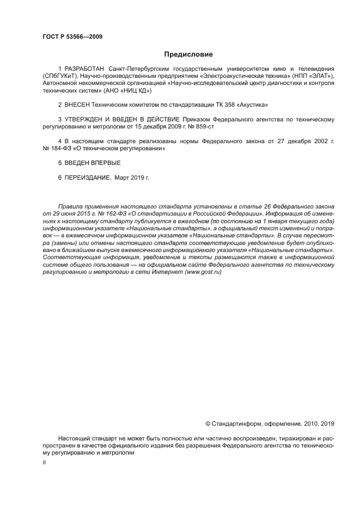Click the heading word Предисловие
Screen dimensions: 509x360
[188, 54]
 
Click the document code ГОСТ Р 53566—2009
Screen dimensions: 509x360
[72, 36]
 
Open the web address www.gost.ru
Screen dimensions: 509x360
[204, 272]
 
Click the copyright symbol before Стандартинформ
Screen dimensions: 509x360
[208, 422]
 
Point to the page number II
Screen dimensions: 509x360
[44, 462]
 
